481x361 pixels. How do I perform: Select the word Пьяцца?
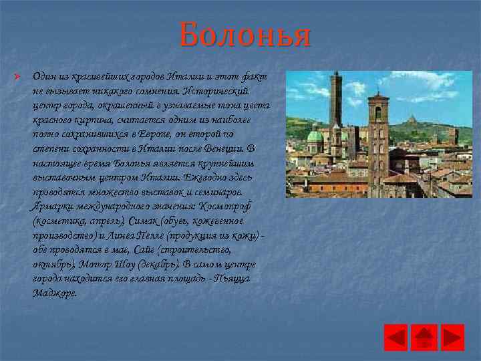tap(230, 279)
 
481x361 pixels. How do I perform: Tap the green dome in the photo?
tap(315, 137)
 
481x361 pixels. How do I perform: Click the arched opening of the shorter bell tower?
tap(378, 114)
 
